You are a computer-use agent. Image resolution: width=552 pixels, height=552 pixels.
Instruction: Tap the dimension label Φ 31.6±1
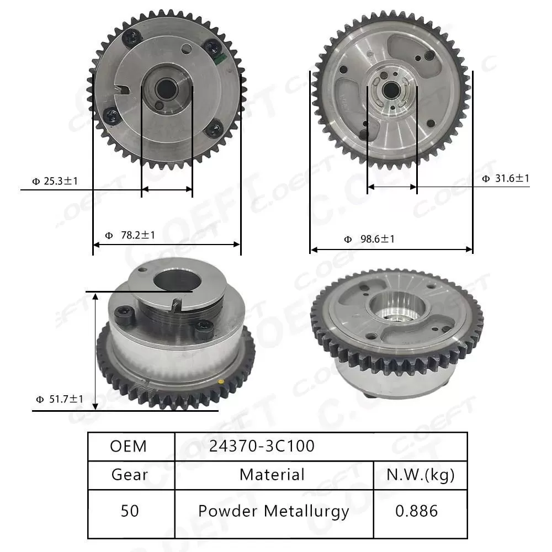click(505, 178)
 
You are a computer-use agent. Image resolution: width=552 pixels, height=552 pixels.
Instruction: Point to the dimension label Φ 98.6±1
click(369, 239)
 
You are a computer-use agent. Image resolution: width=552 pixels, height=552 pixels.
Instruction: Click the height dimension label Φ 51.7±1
click(60, 399)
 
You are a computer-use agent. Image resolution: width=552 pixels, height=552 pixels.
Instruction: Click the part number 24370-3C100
click(262, 446)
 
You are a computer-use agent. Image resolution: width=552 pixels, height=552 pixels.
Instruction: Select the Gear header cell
click(130, 475)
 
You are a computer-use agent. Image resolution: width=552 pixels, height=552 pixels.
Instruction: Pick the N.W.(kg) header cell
click(421, 475)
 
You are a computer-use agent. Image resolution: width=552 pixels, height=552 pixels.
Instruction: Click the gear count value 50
click(130, 511)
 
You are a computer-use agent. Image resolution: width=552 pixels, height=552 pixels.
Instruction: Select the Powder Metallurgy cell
click(274, 511)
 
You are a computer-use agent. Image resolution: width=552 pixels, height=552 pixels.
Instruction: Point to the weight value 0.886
click(417, 511)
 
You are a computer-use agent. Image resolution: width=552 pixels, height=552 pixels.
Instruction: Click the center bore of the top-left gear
click(165, 88)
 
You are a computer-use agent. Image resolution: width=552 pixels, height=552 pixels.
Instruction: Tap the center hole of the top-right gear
click(392, 88)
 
